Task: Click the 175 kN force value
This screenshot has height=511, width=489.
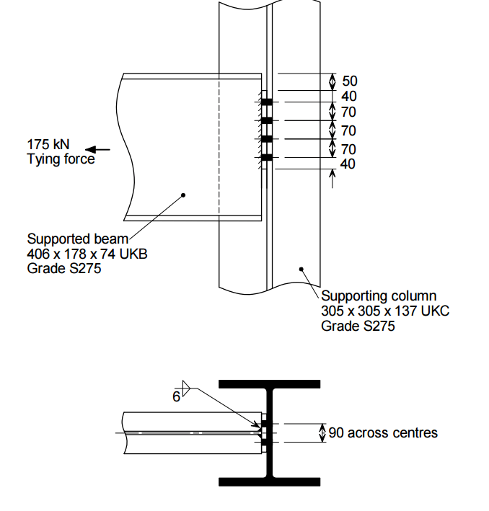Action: click(48, 143)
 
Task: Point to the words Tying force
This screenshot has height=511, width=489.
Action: click(61, 159)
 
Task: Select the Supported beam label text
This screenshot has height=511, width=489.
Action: click(77, 239)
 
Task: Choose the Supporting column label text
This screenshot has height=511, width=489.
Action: click(379, 296)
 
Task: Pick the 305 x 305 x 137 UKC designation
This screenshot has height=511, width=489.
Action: click(384, 311)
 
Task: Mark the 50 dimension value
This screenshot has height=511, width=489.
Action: click(349, 81)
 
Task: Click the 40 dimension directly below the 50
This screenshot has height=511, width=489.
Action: click(349, 97)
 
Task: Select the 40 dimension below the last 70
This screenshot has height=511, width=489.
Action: click(349, 164)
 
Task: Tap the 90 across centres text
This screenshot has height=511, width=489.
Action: click(382, 433)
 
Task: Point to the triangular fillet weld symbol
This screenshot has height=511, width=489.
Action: click(185, 390)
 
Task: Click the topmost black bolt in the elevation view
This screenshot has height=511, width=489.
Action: click(266, 102)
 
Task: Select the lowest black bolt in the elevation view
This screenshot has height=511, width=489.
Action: click(266, 157)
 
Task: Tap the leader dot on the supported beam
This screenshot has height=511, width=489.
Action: click(183, 195)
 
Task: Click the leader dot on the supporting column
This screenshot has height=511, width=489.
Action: click(301, 269)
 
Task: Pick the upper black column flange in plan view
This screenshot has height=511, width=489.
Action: click(269, 384)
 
